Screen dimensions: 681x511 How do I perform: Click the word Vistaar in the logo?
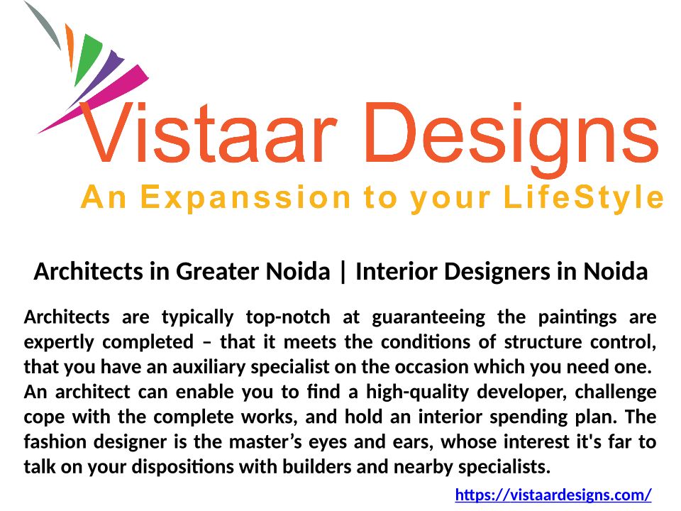(x=209, y=133)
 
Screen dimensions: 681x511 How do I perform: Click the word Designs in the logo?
(x=512, y=139)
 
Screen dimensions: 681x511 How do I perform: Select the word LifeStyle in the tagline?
(x=583, y=198)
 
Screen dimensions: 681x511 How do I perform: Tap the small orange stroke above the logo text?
(x=70, y=47)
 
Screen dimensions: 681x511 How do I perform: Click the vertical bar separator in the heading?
(x=343, y=272)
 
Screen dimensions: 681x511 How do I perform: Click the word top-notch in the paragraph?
(x=288, y=317)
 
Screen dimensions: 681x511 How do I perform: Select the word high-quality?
(x=417, y=392)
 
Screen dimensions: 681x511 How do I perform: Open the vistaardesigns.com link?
(x=553, y=495)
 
